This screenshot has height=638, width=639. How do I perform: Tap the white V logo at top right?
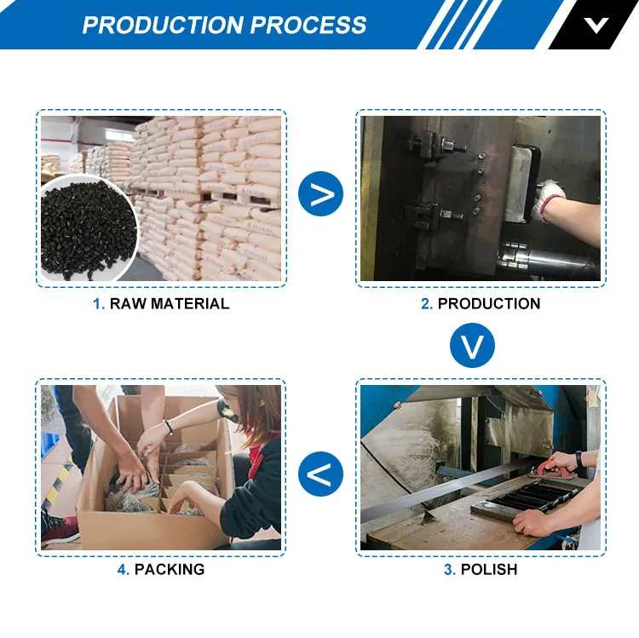[x=596, y=24]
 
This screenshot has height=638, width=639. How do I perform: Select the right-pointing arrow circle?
[x=320, y=195]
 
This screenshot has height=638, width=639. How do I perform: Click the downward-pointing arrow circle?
[x=472, y=346]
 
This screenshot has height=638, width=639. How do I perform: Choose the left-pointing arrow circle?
[x=320, y=474]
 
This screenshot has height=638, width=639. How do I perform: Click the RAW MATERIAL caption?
[x=169, y=304]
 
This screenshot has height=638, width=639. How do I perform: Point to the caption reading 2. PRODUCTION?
[x=481, y=304]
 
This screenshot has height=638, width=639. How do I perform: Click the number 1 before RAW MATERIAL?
[x=98, y=304]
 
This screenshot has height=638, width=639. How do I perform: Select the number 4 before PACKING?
[x=122, y=570]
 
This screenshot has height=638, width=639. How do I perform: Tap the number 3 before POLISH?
[x=449, y=570]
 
